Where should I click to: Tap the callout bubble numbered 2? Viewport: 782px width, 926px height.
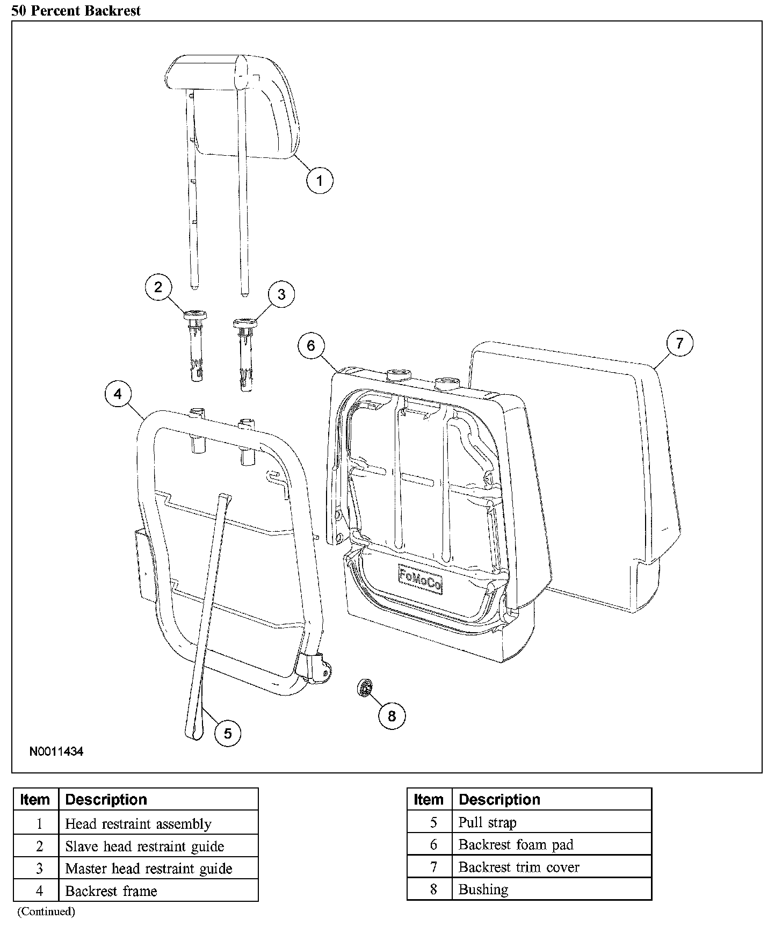tap(158, 287)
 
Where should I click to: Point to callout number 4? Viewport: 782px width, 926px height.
tap(118, 394)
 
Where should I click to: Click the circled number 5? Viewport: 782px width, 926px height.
tap(228, 733)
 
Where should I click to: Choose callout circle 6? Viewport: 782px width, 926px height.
tap(312, 345)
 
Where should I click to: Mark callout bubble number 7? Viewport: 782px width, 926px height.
tap(679, 343)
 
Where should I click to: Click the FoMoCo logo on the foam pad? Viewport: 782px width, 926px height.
tap(421, 579)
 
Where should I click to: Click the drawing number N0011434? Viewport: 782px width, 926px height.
tap(56, 751)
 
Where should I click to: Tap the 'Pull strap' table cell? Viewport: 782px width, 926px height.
tap(488, 822)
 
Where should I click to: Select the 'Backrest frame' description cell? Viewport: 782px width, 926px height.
tap(111, 891)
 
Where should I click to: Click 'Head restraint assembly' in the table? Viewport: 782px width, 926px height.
tap(138, 824)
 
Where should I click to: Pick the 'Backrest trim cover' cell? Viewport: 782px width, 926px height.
tap(519, 867)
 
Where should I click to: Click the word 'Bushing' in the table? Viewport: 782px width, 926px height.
tap(483, 889)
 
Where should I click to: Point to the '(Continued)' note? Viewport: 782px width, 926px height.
tap(46, 911)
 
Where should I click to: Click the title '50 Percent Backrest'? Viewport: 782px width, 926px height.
tap(76, 10)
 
